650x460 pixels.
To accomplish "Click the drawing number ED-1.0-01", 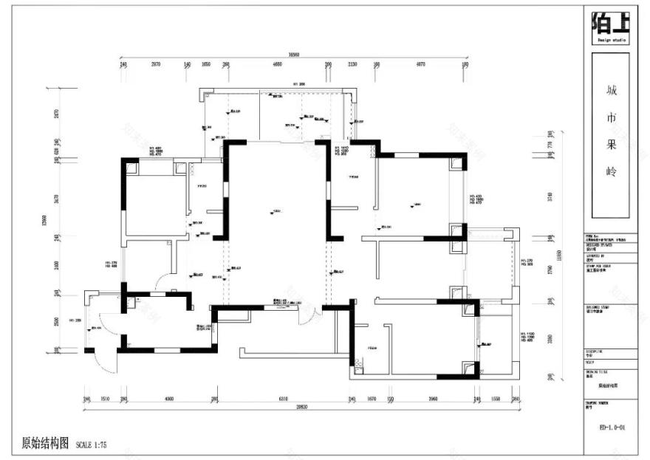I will [610, 426].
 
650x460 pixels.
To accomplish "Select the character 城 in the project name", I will [610, 92].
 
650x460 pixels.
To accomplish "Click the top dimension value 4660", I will [277, 65].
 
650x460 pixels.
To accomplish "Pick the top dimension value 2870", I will [156, 65].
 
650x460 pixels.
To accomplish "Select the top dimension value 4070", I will [421, 65].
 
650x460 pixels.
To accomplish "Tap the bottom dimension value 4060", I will [169, 399].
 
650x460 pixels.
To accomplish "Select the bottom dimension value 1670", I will [372, 399].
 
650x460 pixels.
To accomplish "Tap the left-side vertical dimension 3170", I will [56, 199].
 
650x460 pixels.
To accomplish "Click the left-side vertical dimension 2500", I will [56, 322].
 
